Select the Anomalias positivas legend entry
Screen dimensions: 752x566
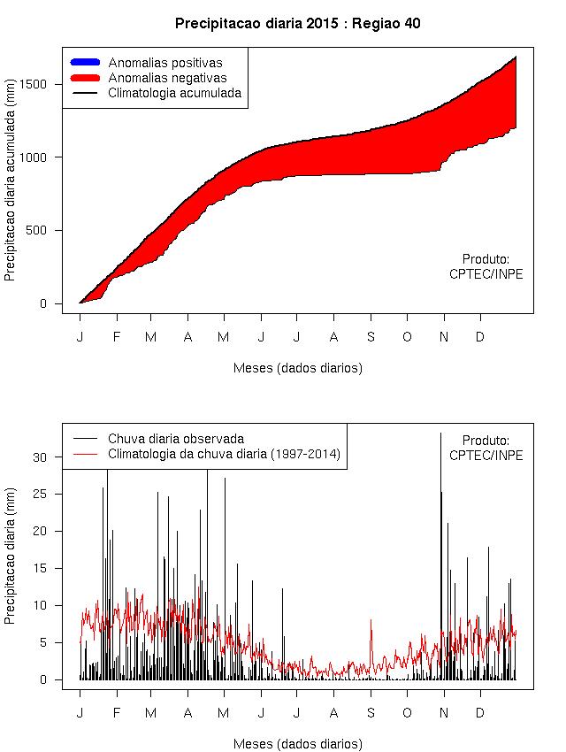pos(164,63)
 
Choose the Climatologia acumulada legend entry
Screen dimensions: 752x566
pos(174,92)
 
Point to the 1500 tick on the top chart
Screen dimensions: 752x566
pos(42,84)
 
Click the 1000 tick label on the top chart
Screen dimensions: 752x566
pos(42,157)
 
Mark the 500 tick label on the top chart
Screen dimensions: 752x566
pos(46,231)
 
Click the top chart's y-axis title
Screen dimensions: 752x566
pos(10,188)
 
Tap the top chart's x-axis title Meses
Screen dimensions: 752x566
pos(297,368)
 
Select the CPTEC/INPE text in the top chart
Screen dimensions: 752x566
pos(486,274)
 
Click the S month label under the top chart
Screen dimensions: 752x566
pos(371,336)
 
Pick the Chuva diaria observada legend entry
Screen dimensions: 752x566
pos(175,438)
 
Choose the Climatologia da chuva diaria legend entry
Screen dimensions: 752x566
pos(224,454)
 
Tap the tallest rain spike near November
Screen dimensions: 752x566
pos(440,435)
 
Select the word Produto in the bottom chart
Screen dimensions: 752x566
pos(486,440)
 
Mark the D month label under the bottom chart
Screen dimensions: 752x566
pos(480,712)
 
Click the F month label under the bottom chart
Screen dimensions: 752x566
pos(116,712)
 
